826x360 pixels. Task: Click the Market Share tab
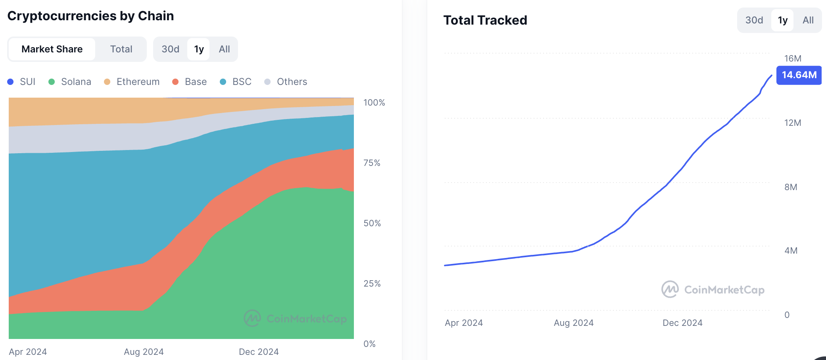[52, 49]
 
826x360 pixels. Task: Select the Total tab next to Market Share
[121, 49]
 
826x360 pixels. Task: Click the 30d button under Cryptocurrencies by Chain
[170, 49]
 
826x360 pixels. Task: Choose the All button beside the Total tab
[224, 49]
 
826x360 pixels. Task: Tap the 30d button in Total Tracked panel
[754, 20]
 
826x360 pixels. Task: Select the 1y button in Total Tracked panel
[782, 20]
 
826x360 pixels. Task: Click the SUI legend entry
[22, 82]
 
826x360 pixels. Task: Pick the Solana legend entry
[71, 82]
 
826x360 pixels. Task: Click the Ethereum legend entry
[132, 82]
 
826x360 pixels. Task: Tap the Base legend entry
[190, 82]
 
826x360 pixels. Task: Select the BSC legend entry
[236, 82]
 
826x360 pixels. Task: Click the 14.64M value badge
[799, 75]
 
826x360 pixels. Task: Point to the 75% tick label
[372, 163]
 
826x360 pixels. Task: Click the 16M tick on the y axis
[793, 59]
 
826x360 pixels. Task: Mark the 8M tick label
[791, 187]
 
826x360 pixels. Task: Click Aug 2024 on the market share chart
[144, 352]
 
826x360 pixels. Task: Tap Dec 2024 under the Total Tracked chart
[682, 323]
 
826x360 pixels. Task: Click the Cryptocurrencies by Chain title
[90, 16]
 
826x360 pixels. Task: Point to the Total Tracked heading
[485, 20]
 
